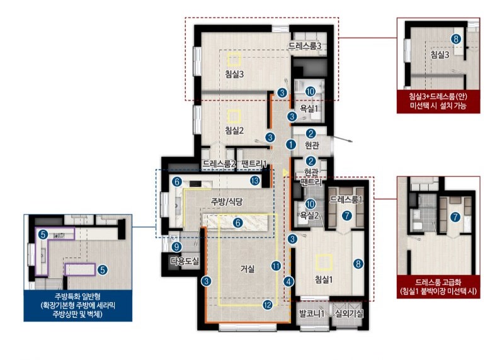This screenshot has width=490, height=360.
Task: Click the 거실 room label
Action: pos(248,269)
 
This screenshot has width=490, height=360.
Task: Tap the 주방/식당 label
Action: pos(227,201)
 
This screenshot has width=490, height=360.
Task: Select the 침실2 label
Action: pos(234,130)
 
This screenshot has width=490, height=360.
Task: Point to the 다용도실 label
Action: pos(185,261)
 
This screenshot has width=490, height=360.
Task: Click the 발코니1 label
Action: pos(312,313)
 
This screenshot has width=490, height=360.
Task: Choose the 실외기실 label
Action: pos(349,313)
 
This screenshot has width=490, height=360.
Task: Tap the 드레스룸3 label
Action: pos(305,46)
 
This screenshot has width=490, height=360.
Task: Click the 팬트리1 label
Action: pos(254,164)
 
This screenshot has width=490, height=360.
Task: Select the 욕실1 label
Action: pos(309,108)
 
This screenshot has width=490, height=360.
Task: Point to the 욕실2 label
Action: pos(309,215)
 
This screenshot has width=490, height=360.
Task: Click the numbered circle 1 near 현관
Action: pos(291,145)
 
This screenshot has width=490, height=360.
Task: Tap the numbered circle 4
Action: pos(288,281)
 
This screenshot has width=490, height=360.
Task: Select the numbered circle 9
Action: pos(176,247)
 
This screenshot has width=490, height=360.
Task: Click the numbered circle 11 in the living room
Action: pos(276,266)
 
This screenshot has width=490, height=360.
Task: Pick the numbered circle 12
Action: pos(268,305)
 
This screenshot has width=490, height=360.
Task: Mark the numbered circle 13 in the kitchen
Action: pos(255,181)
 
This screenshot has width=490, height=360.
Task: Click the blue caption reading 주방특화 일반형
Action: pos(77,296)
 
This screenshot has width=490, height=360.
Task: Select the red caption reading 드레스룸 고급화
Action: pos(438,283)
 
